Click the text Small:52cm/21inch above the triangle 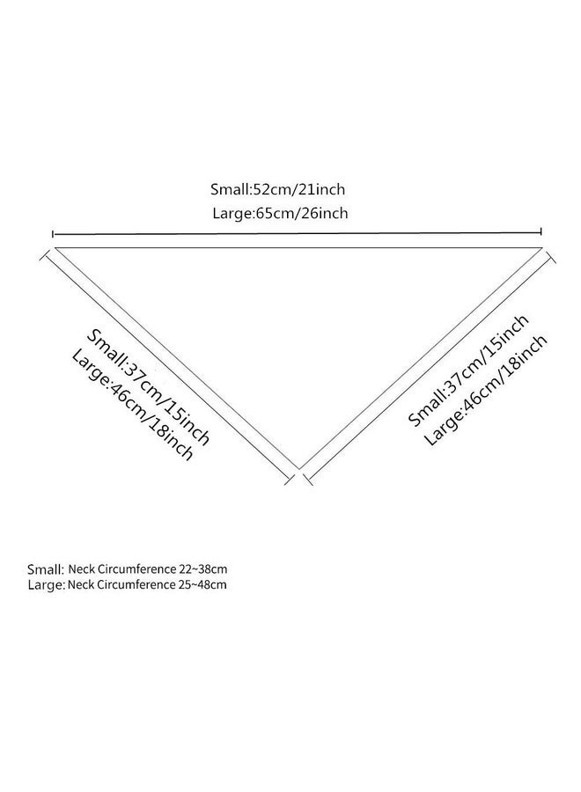[x=277, y=189]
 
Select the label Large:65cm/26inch [x=280, y=213]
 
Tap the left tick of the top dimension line [x=53, y=234]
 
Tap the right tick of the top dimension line [x=541, y=231]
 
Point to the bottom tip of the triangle [x=299, y=469]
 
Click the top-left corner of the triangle [x=54, y=247]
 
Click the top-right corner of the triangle [x=542, y=247]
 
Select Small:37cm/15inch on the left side [x=148, y=387]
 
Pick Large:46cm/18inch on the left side [x=132, y=404]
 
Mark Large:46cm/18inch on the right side [x=486, y=390]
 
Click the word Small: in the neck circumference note [x=46, y=569]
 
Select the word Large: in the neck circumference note [x=47, y=585]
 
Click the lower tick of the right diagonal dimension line [x=308, y=480]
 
